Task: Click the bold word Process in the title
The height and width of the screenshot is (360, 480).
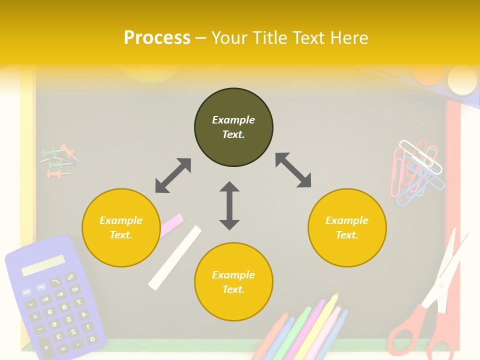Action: click(157, 37)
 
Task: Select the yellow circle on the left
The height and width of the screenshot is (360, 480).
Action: click(120, 227)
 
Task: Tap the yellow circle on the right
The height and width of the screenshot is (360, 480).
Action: click(347, 227)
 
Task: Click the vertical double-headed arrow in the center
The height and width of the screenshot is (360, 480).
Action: click(229, 205)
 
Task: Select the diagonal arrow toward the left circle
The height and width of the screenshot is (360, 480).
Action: click(173, 175)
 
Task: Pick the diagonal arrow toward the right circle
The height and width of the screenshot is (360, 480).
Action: click(293, 170)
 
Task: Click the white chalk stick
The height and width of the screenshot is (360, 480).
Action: click(175, 257)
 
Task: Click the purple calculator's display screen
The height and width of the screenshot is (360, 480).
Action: click(43, 265)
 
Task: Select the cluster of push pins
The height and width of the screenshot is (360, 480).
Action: click(59, 161)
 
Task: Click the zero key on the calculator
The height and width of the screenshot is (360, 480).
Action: click(92, 339)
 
